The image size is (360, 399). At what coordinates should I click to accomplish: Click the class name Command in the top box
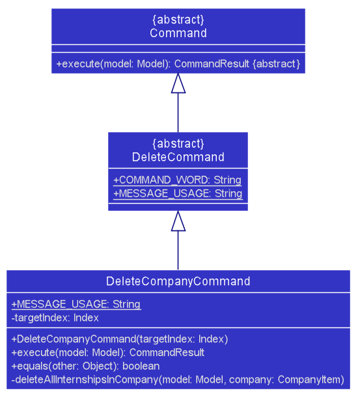click(x=178, y=33)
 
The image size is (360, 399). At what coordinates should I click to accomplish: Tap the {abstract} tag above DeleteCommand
click(x=178, y=144)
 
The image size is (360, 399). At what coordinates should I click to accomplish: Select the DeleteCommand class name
click(x=178, y=157)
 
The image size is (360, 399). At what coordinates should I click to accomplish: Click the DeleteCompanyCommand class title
click(x=178, y=281)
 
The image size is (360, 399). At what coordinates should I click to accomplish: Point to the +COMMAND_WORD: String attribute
click(x=177, y=180)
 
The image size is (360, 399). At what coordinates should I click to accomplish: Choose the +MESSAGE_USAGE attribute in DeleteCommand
click(x=178, y=194)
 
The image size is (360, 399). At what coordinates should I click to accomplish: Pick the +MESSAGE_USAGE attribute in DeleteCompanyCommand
click(x=76, y=305)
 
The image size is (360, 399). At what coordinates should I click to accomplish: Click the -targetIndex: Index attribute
click(x=55, y=318)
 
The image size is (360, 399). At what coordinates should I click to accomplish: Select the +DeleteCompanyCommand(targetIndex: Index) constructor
click(x=120, y=339)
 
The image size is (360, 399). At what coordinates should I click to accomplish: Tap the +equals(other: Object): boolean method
click(x=85, y=366)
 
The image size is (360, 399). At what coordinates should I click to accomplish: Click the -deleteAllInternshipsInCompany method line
click(x=178, y=379)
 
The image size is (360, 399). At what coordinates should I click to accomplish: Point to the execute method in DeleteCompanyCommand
click(x=108, y=353)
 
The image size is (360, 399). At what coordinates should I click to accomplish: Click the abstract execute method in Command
click(x=178, y=64)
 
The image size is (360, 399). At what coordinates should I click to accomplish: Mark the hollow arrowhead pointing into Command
click(x=178, y=83)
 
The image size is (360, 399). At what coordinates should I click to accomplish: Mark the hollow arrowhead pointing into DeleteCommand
click(x=178, y=221)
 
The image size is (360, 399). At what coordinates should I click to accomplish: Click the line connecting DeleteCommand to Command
click(x=178, y=113)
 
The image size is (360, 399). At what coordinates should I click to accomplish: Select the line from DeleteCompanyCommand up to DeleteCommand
click(x=178, y=251)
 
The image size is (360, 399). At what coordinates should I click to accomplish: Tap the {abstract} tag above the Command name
click(x=178, y=20)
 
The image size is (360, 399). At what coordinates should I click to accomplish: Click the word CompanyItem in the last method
click(x=311, y=379)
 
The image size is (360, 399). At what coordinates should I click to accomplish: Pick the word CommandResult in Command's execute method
click(x=212, y=64)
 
